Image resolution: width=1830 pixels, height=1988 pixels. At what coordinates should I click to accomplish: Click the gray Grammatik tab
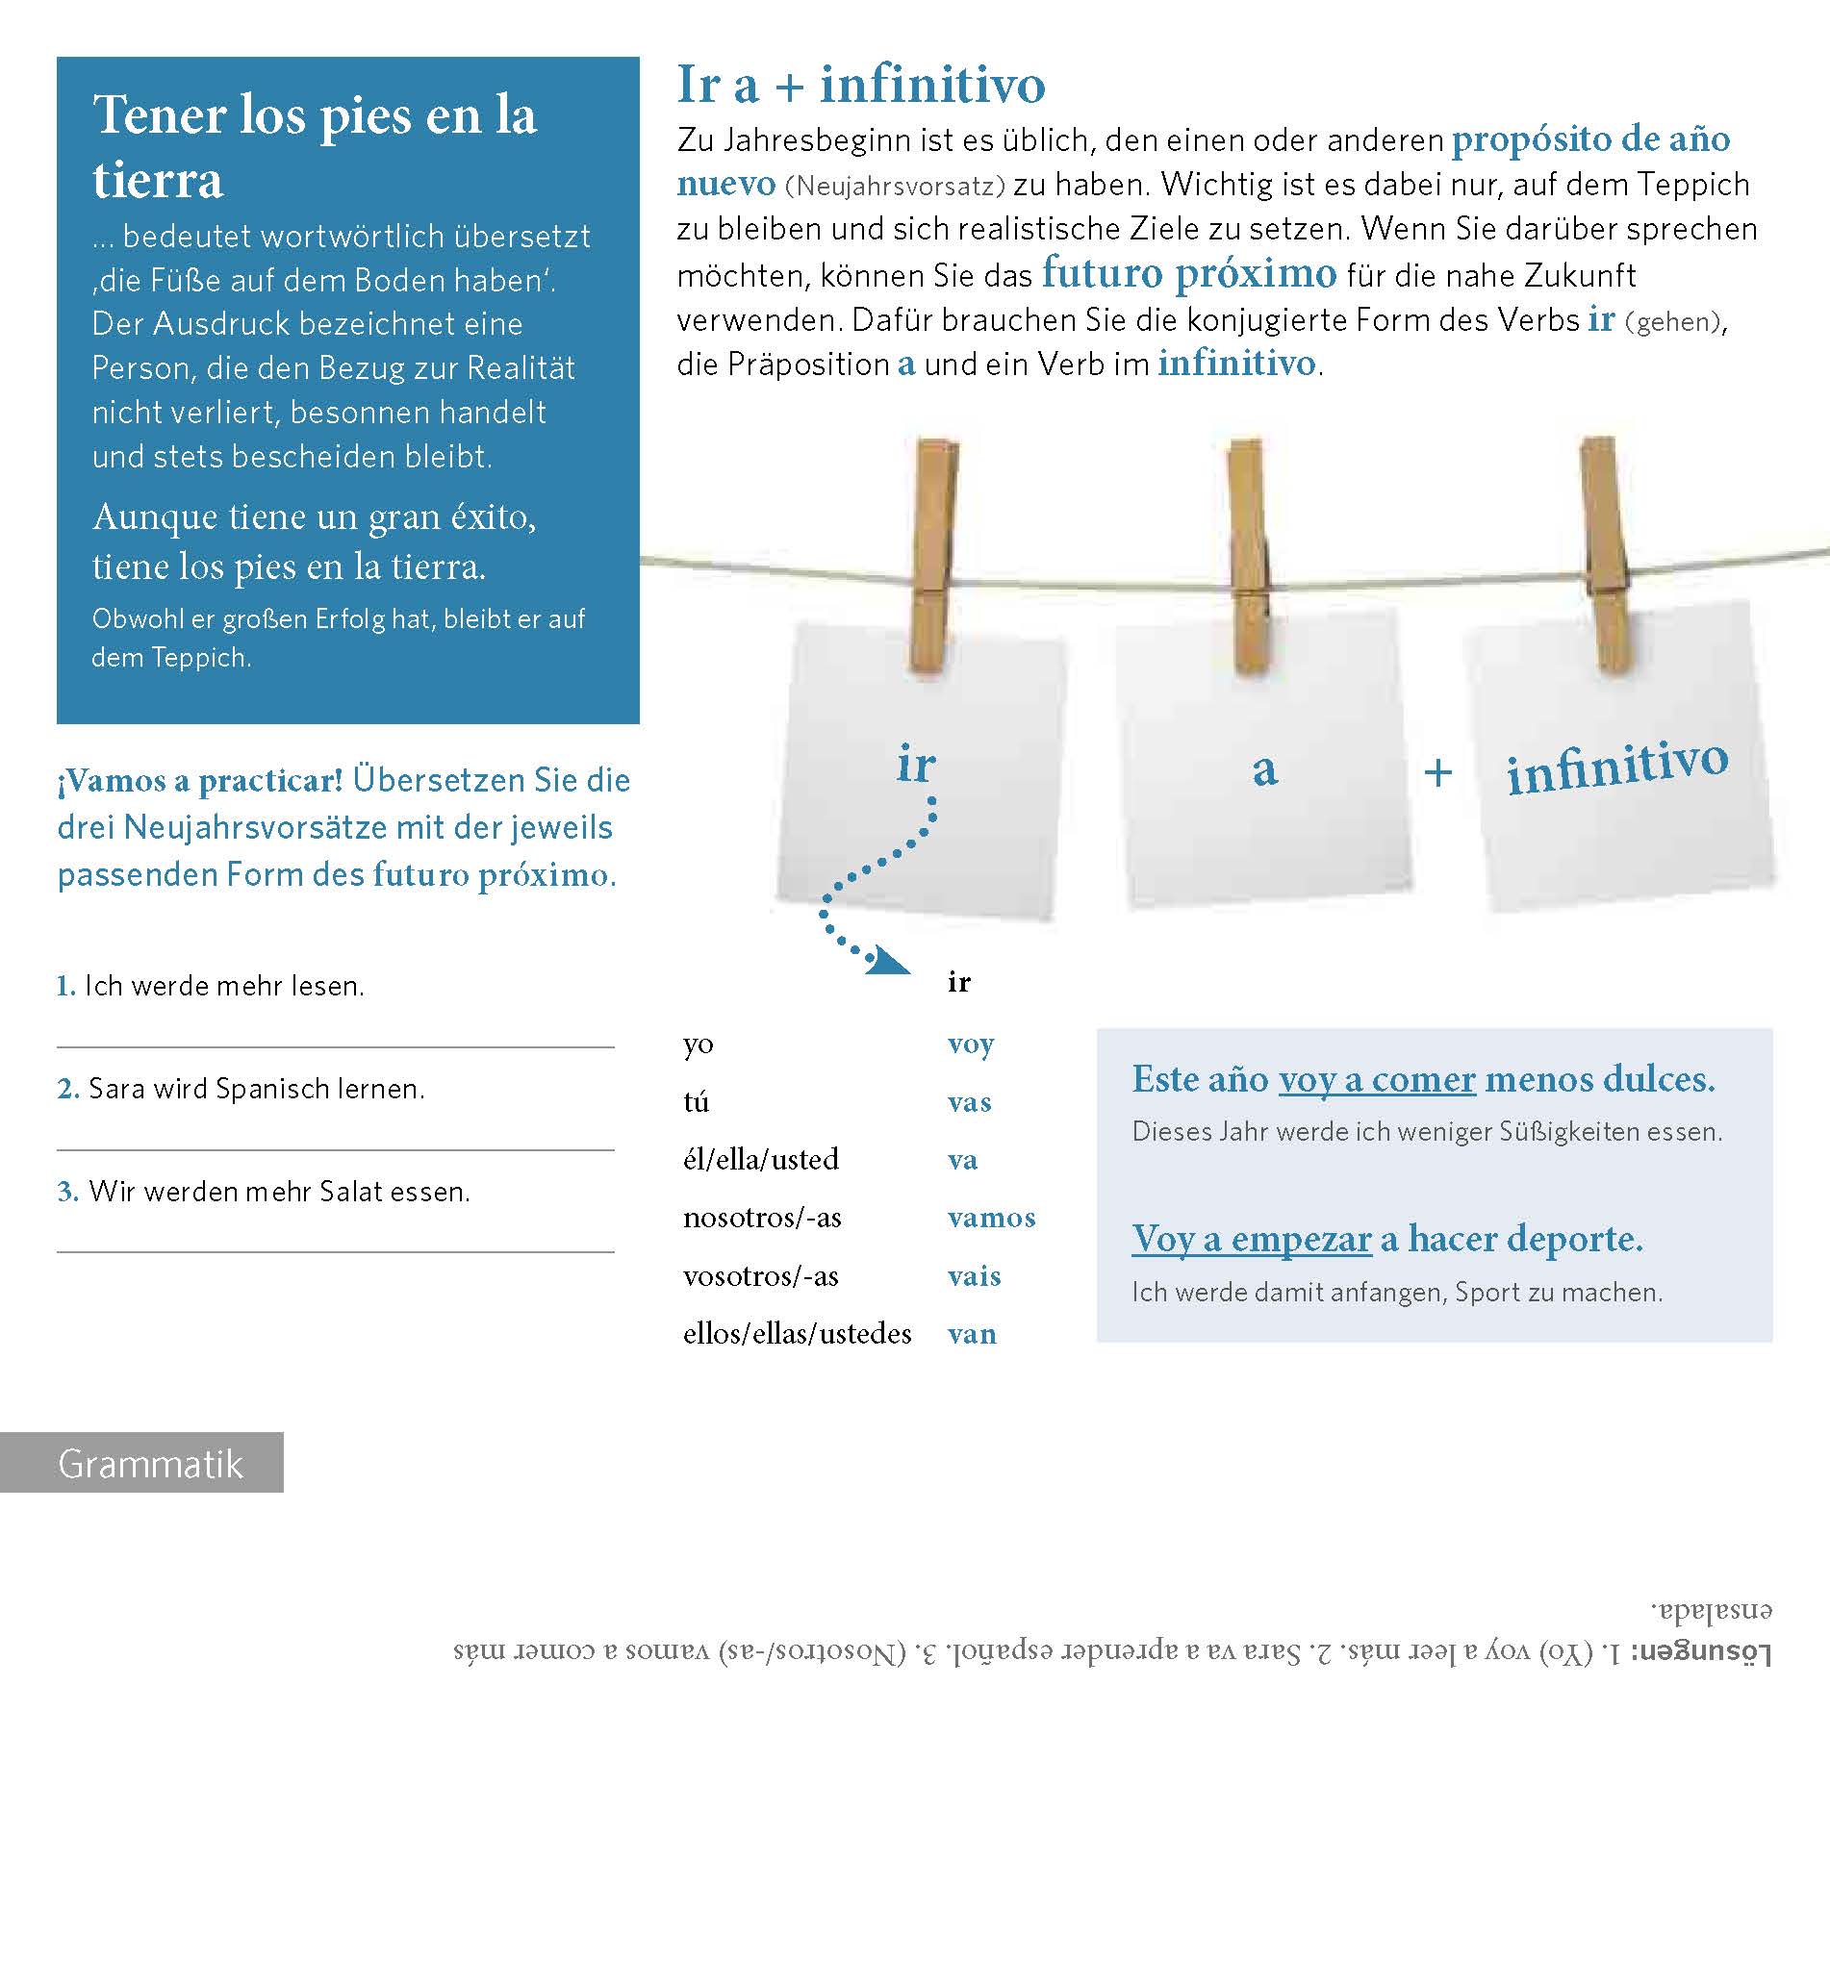tap(141, 1462)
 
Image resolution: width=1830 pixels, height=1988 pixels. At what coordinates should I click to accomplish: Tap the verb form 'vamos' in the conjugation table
tap(991, 1218)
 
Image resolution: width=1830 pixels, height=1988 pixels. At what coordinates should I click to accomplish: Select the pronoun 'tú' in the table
tap(697, 1102)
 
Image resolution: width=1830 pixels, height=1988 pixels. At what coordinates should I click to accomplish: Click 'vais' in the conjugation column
tap(975, 1276)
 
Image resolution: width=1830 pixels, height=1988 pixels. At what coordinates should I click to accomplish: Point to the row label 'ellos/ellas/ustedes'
tap(798, 1334)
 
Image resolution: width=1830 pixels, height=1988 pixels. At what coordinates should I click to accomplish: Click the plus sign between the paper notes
tap(1437, 772)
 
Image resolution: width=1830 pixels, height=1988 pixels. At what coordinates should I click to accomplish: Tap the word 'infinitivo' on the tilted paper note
tap(1617, 767)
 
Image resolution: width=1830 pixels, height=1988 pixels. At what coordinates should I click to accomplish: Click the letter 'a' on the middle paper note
tap(1264, 769)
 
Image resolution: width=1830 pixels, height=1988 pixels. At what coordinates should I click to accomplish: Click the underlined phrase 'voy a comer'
tap(1377, 1079)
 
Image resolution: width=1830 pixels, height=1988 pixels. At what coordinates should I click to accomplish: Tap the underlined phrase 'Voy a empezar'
tap(1252, 1239)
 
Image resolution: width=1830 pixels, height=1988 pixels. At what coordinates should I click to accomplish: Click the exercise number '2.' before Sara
tap(68, 1089)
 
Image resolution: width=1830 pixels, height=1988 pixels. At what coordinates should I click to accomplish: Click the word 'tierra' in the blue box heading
tap(159, 181)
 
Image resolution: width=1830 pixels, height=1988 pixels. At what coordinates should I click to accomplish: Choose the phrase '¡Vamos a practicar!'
tap(200, 781)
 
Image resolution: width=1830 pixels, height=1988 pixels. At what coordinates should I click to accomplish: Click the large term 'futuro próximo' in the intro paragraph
tap(1188, 272)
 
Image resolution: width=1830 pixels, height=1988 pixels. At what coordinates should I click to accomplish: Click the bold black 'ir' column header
tap(958, 982)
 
